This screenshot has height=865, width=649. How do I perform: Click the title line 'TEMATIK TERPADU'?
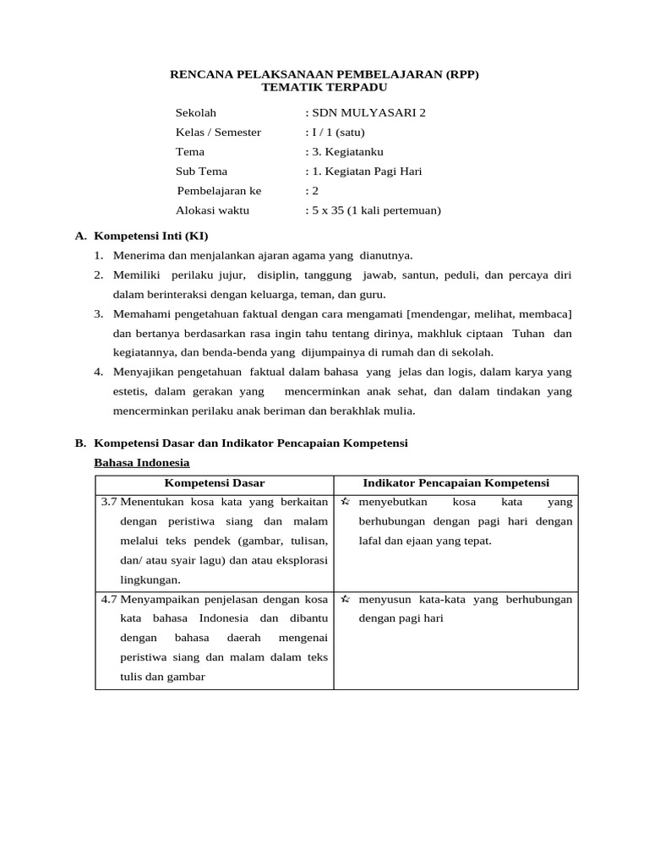click(x=324, y=87)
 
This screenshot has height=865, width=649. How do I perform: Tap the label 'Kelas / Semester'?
click(x=218, y=132)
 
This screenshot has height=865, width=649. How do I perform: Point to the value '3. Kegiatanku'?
click(x=347, y=152)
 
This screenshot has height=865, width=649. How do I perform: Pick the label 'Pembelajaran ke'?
click(x=219, y=191)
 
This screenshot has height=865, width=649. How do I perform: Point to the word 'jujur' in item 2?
click(x=230, y=275)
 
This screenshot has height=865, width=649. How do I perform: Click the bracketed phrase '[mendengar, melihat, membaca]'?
click(x=499, y=313)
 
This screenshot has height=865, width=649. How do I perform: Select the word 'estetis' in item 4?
click(x=130, y=391)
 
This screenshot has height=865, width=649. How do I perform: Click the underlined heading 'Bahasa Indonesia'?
click(x=142, y=463)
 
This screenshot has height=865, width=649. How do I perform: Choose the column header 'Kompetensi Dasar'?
click(x=215, y=483)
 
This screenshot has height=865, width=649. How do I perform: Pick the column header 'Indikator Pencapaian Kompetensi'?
click(x=456, y=483)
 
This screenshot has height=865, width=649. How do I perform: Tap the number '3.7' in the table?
click(x=109, y=502)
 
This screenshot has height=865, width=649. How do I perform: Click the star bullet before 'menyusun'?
click(x=345, y=599)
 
